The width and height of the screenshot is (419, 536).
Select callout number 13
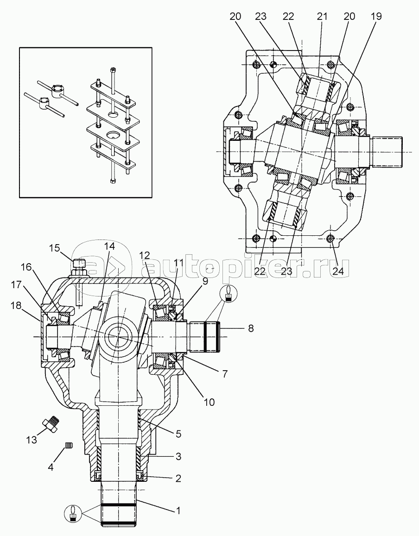(x=32, y=439)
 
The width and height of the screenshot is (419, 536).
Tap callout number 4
(x=51, y=467)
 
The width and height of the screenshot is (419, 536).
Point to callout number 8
(x=251, y=328)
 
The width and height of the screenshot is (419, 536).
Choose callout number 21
(x=322, y=16)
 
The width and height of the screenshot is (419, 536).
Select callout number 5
(x=178, y=434)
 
